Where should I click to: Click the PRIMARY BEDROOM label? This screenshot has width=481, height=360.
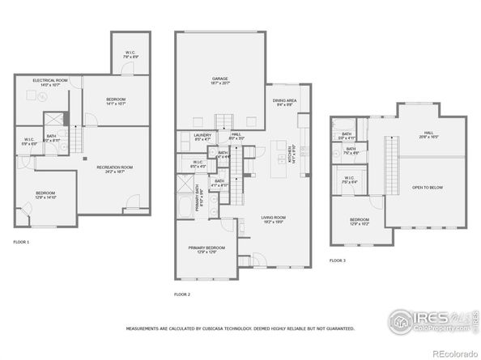[x=206, y=248]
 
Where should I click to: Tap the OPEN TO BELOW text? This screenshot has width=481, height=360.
[x=426, y=188]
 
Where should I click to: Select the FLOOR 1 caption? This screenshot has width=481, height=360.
[x=21, y=242]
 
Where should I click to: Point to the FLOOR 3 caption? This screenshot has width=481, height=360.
[x=337, y=260]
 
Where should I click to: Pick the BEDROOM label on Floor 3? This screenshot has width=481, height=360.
[x=360, y=221]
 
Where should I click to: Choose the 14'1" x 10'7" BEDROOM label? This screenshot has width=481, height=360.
[x=116, y=102]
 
